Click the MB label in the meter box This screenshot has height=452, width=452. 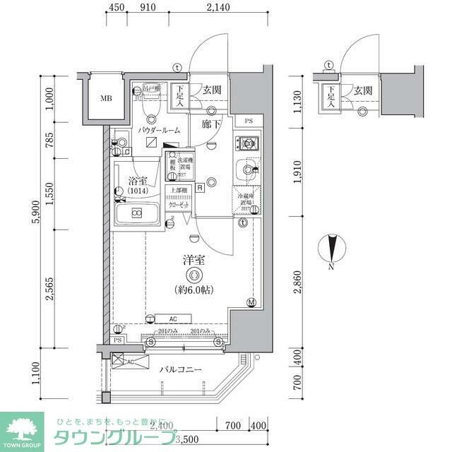pyautogui.click(x=105, y=98)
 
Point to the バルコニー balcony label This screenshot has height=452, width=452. pyautogui.click(x=180, y=369)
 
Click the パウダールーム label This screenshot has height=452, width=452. pyautogui.click(x=159, y=131)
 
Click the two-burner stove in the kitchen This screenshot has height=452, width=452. pyautogui.click(x=248, y=145)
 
